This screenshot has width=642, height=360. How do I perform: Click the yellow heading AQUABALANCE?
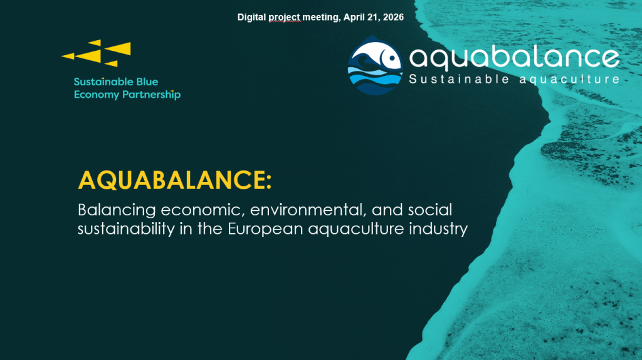[175, 180]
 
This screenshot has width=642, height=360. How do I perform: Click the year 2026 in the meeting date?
[394, 17]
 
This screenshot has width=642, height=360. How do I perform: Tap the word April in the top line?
[355, 18]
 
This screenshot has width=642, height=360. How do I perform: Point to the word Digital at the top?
[252, 18]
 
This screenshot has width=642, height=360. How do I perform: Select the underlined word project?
[285, 18]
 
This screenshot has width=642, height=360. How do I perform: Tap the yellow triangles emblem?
[97, 53]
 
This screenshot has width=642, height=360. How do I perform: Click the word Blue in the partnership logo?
[147, 82]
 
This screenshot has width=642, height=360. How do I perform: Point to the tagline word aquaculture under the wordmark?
[569, 79]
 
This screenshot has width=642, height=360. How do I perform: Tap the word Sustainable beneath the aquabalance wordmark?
[459, 78]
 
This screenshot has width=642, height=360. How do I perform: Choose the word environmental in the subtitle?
[307, 210]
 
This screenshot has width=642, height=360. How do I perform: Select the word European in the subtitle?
[265, 228]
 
